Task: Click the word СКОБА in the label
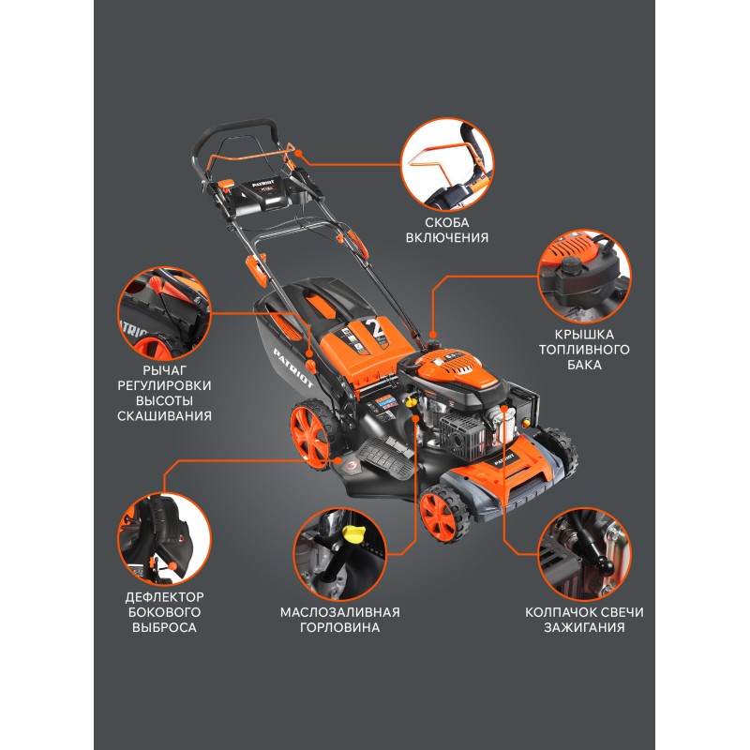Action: coord(447,222)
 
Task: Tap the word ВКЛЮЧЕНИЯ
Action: coord(447,238)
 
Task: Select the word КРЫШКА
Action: coord(584,335)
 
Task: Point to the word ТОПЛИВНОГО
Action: coord(584,350)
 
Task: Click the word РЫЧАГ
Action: coord(164,370)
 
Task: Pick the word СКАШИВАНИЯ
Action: coord(164,416)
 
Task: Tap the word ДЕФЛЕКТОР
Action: coord(164,597)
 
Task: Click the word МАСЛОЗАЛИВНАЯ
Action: coord(339,612)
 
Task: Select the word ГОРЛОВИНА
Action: coord(339,627)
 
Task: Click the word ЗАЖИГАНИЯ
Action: coord(584,627)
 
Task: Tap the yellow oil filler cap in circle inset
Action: coord(354,532)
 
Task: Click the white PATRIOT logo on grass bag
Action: coord(293,367)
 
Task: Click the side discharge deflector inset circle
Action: coord(164,539)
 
